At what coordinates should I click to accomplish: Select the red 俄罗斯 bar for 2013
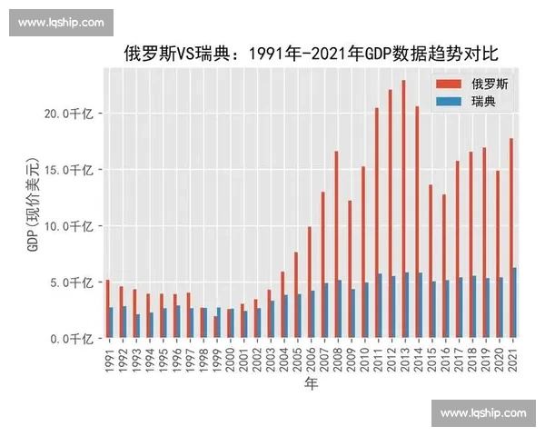pyautogui.click(x=402, y=209)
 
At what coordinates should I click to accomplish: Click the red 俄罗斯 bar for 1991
pyautogui.click(x=107, y=309)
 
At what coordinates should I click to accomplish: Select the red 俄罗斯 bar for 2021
pyautogui.click(x=511, y=237)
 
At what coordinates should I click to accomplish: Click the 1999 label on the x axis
pyautogui.click(x=217, y=359)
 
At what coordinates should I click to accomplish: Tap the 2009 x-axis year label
pyautogui.click(x=351, y=359)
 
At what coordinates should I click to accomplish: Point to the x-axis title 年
pyautogui.click(x=311, y=384)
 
